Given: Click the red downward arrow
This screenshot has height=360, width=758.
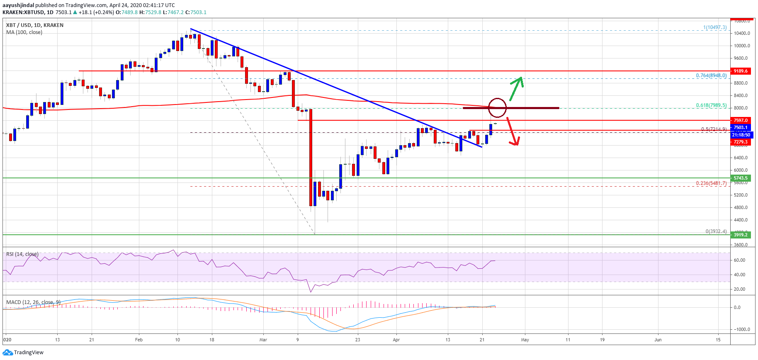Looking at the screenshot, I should (x=513, y=131).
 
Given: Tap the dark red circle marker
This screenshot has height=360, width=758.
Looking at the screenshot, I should (x=497, y=107).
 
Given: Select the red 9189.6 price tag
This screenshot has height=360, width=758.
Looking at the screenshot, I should (x=740, y=71).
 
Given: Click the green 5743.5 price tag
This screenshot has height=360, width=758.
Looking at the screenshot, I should (x=740, y=178).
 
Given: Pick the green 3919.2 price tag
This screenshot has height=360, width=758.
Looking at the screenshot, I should (x=740, y=235).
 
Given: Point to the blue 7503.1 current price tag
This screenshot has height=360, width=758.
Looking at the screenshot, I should (x=740, y=127).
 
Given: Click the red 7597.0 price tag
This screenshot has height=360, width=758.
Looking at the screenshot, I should (x=740, y=120).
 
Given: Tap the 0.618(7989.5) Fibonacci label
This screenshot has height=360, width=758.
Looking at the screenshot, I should (x=711, y=105).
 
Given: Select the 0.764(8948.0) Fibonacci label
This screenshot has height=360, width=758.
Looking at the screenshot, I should (x=711, y=75).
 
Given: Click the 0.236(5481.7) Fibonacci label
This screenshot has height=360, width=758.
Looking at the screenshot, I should (x=711, y=183).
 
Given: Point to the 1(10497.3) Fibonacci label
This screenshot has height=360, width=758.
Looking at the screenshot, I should (x=714, y=27).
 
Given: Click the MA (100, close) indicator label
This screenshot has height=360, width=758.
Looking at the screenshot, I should (x=24, y=32).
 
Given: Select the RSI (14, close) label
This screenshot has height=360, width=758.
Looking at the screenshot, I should (x=22, y=254).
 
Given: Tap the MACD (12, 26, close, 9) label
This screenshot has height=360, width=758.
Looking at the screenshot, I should (x=33, y=302).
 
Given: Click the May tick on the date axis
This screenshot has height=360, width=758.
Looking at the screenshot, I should (x=525, y=340).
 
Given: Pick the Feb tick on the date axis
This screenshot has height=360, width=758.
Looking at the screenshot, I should (x=139, y=340).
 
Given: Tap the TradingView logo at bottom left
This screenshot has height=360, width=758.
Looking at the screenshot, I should (x=23, y=353).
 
